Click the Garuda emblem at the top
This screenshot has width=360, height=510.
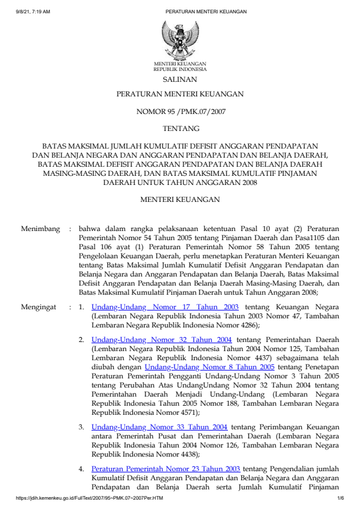tap(179, 39)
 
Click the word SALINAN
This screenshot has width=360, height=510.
tap(179, 79)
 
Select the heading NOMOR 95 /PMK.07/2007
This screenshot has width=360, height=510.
tap(179, 111)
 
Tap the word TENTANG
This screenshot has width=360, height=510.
tap(179, 129)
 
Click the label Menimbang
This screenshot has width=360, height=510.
tap(41, 229)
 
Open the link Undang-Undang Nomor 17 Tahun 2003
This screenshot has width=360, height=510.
tap(165, 307)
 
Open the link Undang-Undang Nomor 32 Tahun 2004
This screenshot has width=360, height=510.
tap(162, 340)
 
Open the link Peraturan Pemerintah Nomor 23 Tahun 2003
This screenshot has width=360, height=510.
tap(166, 469)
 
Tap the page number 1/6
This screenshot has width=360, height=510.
tap(341, 498)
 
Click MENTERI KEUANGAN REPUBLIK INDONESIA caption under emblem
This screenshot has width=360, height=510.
tap(179, 66)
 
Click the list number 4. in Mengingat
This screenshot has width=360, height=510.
tap(81, 469)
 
